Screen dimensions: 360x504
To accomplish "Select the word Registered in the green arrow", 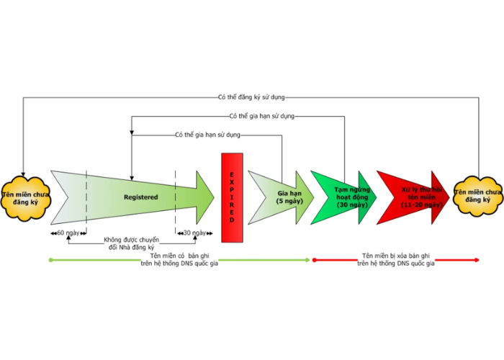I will coord(140,197).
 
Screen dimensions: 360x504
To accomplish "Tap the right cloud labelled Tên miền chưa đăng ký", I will coord(477,196).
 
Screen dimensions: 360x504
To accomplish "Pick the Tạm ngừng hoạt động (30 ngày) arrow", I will coord(344,196).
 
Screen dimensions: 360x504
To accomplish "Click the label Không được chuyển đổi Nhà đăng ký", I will coord(130,243).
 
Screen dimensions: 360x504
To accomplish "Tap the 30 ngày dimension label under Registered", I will coord(194,233).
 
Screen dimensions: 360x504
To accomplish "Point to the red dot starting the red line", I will coord(313,260).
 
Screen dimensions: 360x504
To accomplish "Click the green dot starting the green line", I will coord(49,260).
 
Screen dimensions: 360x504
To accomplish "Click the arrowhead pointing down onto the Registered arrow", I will coord(131,174).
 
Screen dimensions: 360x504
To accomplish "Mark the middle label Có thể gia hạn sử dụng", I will coord(261,115).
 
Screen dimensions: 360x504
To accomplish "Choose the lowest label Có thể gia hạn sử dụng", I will coord(207,135).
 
